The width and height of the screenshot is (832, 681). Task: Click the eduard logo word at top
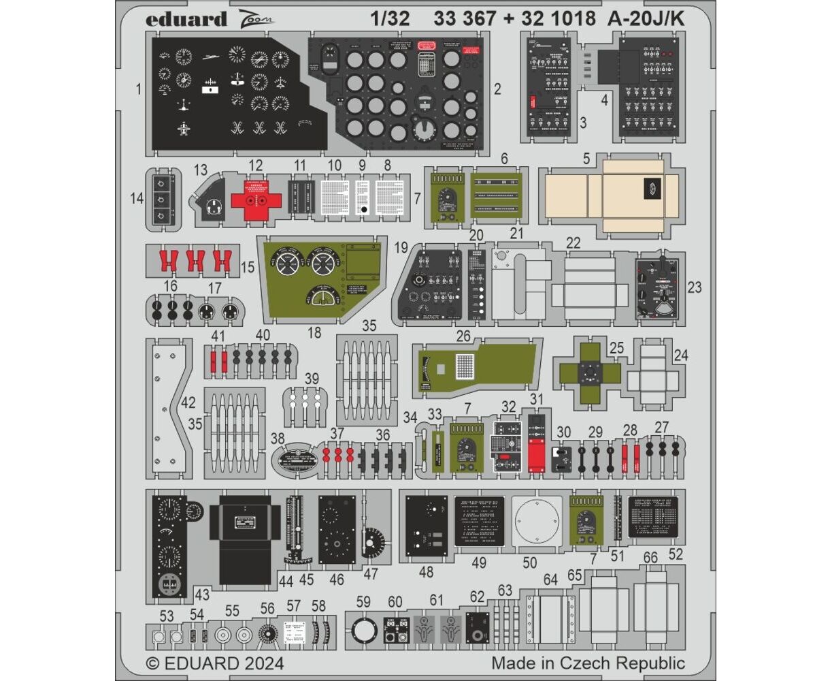coord(186,20)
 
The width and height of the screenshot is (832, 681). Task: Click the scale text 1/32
coord(390,19)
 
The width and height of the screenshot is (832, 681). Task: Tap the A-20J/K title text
coord(643,19)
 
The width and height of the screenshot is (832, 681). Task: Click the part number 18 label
coord(314,332)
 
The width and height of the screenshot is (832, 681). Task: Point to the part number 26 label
coord(463,335)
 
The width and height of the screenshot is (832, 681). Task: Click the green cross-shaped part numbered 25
coord(589,371)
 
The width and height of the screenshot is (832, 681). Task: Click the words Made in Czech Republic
coord(588,663)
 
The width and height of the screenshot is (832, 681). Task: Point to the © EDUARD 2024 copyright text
coord(215,663)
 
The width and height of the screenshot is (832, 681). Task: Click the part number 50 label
coord(529,563)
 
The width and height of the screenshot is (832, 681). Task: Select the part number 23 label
coord(694,287)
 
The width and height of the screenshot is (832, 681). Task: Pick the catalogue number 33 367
coord(465,19)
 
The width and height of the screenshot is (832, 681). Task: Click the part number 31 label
coord(537,400)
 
